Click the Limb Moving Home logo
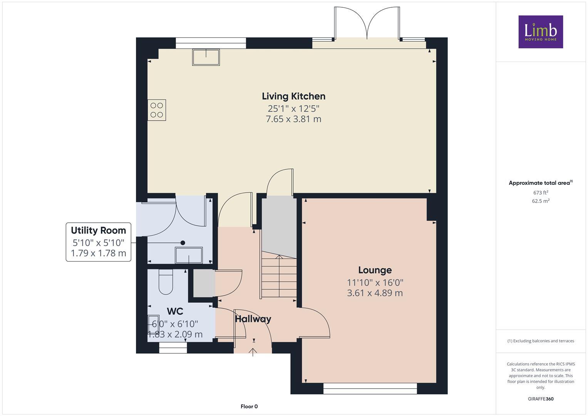point(540,32)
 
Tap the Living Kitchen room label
point(293,96)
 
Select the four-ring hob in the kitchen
point(157,110)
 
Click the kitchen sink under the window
point(206,57)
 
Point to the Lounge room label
point(375,270)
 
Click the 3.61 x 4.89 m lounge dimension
point(375,293)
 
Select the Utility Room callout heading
point(98,230)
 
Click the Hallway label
point(253,319)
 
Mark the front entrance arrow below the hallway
point(253,351)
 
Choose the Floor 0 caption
point(249,406)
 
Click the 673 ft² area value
point(540,193)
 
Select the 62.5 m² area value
point(540,201)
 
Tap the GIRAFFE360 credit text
point(540,399)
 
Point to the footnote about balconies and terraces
point(540,341)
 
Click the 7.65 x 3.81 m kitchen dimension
point(293,119)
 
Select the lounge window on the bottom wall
point(370,389)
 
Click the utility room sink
point(189,255)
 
